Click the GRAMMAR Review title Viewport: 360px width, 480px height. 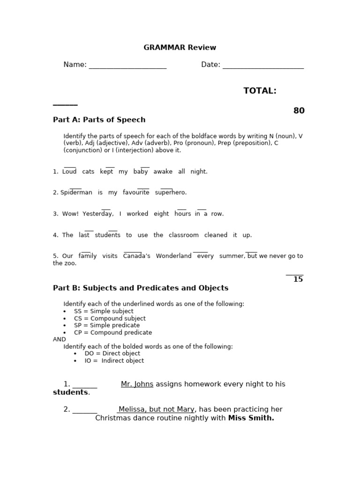[x=180, y=47]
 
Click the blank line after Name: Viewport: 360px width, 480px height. [x=127, y=66]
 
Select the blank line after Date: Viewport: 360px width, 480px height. [x=263, y=66]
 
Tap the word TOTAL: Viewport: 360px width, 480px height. [x=260, y=91]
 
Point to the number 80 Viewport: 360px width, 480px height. [x=299, y=111]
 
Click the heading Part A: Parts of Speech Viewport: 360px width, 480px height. [x=99, y=120]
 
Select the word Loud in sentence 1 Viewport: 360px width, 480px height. [x=69, y=172]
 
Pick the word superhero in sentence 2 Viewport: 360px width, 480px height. [x=171, y=193]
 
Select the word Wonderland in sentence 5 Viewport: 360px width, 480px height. [x=173, y=256]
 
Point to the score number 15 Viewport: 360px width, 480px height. [x=298, y=279]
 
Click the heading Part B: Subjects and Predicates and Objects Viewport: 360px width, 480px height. [x=141, y=288]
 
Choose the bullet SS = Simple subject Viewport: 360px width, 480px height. [x=104, y=311]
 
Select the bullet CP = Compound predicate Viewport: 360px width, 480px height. [x=113, y=332]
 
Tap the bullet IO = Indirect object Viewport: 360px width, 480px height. [x=114, y=360]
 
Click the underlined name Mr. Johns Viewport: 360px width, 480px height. [x=137, y=384]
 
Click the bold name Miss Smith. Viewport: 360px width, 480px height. [x=251, y=418]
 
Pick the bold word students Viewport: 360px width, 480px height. [x=70, y=392]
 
